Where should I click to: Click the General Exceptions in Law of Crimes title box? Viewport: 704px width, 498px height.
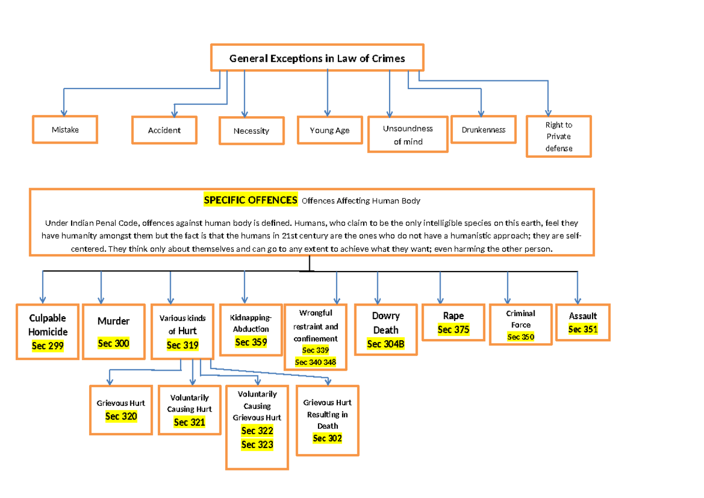317,57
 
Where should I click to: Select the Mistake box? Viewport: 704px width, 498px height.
65,130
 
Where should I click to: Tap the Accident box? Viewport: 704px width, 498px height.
164,130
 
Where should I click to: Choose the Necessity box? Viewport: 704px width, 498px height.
252,131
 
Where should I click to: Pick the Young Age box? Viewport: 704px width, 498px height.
330,130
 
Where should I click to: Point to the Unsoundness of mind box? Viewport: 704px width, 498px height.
408,134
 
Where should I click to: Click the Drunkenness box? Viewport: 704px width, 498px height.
483,130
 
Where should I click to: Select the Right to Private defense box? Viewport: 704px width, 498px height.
559,136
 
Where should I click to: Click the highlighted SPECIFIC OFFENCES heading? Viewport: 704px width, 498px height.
251,200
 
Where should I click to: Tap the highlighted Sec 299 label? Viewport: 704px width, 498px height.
48,345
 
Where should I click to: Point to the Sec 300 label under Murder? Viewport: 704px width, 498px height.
113,343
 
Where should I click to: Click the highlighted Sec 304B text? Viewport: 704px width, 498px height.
385,344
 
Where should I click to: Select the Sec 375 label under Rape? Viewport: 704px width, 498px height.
453,329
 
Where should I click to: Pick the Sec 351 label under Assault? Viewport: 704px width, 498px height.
583,329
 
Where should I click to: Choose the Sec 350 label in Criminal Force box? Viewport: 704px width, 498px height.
521,337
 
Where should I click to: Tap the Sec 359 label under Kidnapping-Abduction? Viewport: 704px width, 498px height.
251,342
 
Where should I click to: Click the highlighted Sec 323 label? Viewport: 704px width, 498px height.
257,445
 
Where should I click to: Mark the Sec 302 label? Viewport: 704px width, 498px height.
327,438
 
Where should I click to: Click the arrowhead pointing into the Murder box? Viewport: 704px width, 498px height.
101,301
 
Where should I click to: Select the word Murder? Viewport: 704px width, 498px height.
113,321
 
